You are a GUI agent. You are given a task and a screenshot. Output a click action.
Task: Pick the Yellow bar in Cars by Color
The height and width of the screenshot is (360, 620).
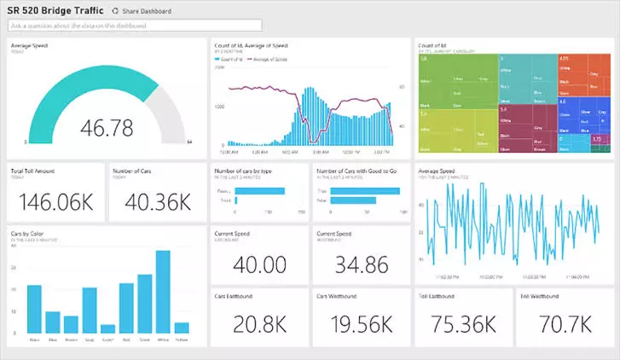point(182,327)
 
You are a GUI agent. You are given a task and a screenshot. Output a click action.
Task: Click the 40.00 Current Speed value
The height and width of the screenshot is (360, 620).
point(259,264)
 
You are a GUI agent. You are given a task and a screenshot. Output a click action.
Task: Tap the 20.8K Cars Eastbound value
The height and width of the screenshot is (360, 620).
point(259,325)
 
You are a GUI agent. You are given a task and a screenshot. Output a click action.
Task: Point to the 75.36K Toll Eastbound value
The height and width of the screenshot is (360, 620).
point(463,325)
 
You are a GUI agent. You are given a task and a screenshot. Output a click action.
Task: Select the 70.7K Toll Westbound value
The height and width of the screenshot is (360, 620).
point(565,325)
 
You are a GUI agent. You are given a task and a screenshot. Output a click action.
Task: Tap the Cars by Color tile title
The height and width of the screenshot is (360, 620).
point(26,233)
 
